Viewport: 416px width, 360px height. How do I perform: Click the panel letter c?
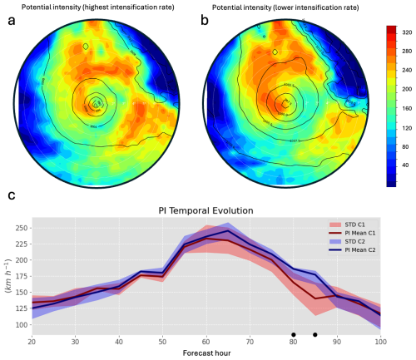click(11, 196)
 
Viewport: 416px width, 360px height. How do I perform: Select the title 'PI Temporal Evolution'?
click(206, 210)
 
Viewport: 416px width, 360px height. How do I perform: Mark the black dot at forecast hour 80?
click(293, 335)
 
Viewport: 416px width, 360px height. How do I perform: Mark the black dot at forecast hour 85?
click(314, 335)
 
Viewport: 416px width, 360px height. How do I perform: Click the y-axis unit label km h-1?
click(7, 279)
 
